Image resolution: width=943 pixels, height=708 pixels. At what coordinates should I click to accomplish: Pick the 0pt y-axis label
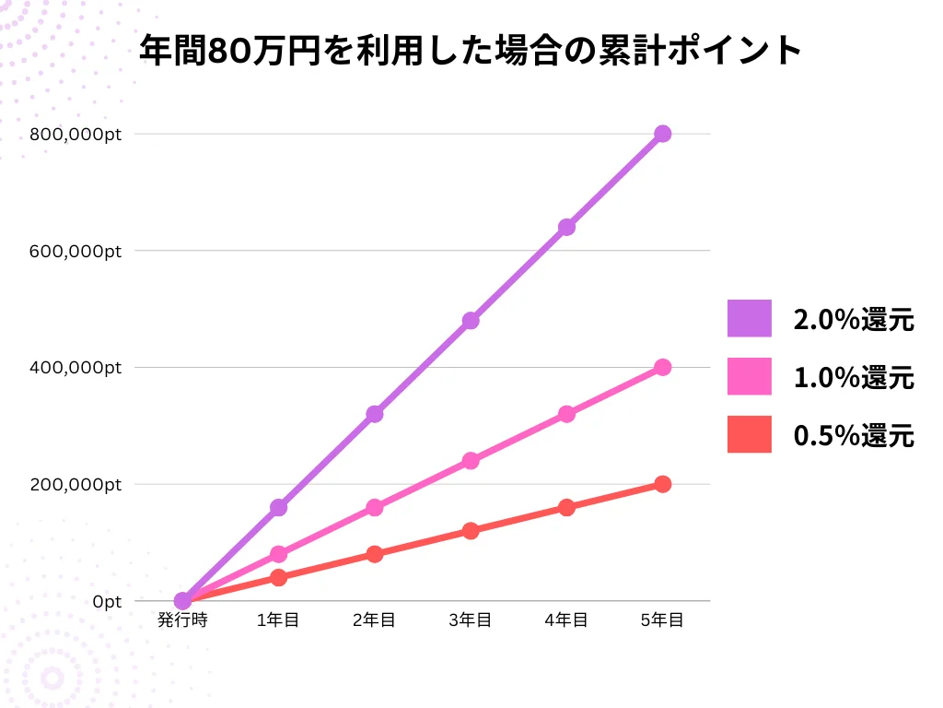(106, 602)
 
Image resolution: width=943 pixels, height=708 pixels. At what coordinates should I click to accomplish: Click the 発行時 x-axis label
(182, 620)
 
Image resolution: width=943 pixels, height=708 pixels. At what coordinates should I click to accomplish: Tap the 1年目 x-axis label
(278, 620)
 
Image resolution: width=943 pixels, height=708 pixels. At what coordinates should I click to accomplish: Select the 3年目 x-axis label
(471, 620)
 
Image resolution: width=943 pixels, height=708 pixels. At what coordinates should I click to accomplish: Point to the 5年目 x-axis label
(662, 620)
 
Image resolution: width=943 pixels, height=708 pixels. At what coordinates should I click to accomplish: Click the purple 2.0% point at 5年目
(662, 134)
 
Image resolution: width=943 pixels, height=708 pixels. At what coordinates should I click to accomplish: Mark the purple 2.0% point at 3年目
(471, 321)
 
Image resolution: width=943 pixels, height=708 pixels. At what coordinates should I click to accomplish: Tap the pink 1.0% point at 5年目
(662, 367)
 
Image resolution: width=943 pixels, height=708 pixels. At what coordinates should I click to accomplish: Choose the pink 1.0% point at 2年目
(374, 507)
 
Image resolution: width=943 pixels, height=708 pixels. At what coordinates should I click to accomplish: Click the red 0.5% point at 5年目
(662, 484)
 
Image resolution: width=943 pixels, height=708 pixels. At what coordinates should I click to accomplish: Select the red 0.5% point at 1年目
(278, 578)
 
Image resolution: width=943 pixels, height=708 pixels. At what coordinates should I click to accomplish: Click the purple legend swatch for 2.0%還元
(749, 319)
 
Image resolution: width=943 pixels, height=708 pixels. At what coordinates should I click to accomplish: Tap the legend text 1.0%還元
(854, 377)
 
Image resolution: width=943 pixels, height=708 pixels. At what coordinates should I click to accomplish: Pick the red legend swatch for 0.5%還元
(749, 434)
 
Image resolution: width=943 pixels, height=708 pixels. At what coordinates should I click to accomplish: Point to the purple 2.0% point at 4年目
(566, 227)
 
